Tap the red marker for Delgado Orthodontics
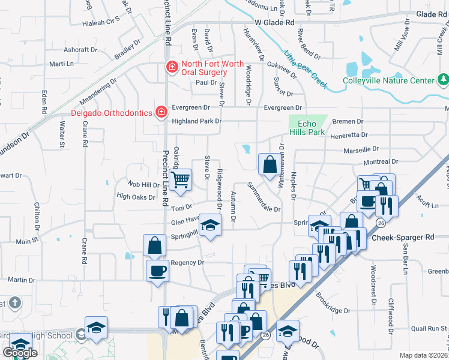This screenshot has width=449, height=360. pyautogui.click(x=161, y=112)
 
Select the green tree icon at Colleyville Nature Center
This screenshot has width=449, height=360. pyautogui.click(x=443, y=80)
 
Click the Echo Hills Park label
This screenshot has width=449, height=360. pyautogui.click(x=310, y=128)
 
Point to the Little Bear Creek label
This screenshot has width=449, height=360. pyautogui.click(x=306, y=69)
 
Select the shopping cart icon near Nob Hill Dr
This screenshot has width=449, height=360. pyautogui.click(x=180, y=179)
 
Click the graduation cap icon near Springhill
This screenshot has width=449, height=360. pyautogui.click(x=210, y=225)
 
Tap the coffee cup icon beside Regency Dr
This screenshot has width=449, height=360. pyautogui.click(x=158, y=271)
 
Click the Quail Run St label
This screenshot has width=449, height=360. pyautogui.click(x=429, y=328)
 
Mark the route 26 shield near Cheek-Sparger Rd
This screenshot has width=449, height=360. pyautogui.click(x=381, y=223)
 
